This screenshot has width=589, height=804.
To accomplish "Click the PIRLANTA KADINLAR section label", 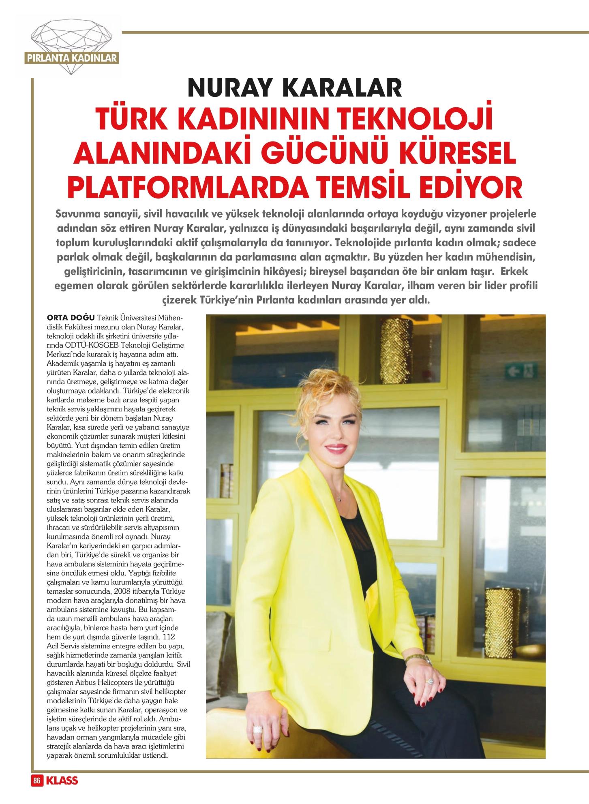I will click(x=72, y=58).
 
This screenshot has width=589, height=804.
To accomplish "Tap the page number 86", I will click(x=37, y=781).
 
